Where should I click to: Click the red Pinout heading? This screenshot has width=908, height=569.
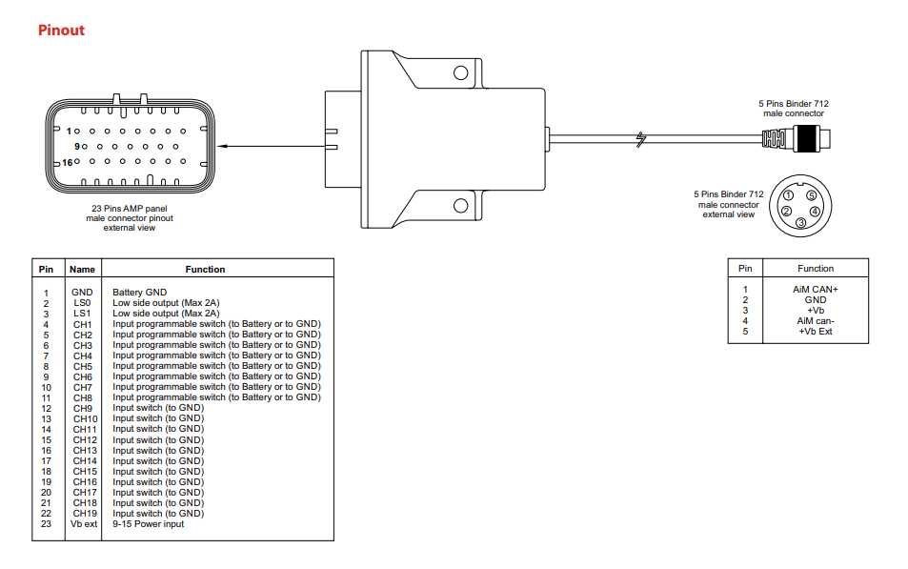(x=61, y=30)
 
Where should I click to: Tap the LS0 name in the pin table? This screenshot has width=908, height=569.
(x=82, y=302)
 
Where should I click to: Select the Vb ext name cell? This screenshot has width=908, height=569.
(x=83, y=523)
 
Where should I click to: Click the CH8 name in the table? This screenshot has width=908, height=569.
(x=82, y=397)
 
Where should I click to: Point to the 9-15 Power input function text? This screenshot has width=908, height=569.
(x=148, y=523)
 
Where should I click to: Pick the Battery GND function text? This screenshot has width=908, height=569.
(x=139, y=292)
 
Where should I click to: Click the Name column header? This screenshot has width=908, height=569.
(x=83, y=270)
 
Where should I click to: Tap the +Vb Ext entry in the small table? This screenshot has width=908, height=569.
(x=815, y=331)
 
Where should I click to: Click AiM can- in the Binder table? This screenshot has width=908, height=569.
(x=815, y=320)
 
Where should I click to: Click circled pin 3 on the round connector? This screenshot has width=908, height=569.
(x=801, y=223)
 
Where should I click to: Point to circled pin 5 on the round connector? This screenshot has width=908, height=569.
(x=812, y=195)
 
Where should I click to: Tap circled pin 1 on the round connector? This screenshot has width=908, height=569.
(x=789, y=195)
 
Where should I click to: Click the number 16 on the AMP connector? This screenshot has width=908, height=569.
(x=67, y=163)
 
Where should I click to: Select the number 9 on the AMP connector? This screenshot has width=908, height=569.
(x=76, y=147)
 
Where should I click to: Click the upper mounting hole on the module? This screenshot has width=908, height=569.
(x=461, y=72)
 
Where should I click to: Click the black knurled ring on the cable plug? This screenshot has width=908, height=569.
(x=806, y=138)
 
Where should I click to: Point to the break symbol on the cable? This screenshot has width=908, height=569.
(x=643, y=140)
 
